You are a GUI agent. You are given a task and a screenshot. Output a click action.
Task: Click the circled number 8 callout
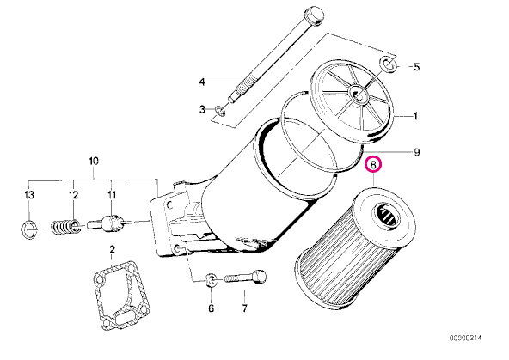pyautogui.click(x=373, y=165)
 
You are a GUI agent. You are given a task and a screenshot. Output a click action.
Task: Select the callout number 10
pyautogui.click(x=93, y=162)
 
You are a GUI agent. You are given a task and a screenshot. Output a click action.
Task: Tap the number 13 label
pyautogui.click(x=29, y=195)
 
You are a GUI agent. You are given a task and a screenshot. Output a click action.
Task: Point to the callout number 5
pyautogui.click(x=416, y=67)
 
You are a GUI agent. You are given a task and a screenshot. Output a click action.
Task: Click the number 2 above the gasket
pyautogui.click(x=112, y=250)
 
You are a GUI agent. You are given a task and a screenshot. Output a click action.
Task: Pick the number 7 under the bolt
pyautogui.click(x=244, y=308)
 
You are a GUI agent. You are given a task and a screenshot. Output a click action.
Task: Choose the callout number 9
pyautogui.click(x=417, y=152)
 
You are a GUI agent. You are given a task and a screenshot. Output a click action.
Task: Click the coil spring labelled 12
pyautogui.click(x=65, y=227)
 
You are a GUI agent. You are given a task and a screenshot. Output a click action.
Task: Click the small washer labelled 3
pyautogui.click(x=220, y=111)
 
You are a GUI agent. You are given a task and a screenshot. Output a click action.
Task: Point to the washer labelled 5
pyautogui.click(x=389, y=64)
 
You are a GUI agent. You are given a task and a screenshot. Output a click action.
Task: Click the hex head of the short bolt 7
pyautogui.click(x=260, y=277)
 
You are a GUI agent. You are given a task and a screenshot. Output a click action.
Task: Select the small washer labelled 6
pyautogui.click(x=212, y=279)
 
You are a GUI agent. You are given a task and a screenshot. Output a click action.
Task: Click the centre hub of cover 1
pyautogui.click(x=358, y=94)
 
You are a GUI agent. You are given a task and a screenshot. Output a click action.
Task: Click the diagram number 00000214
pyautogui.click(x=465, y=338)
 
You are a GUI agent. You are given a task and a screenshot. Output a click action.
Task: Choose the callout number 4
pyautogui.click(x=202, y=82)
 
